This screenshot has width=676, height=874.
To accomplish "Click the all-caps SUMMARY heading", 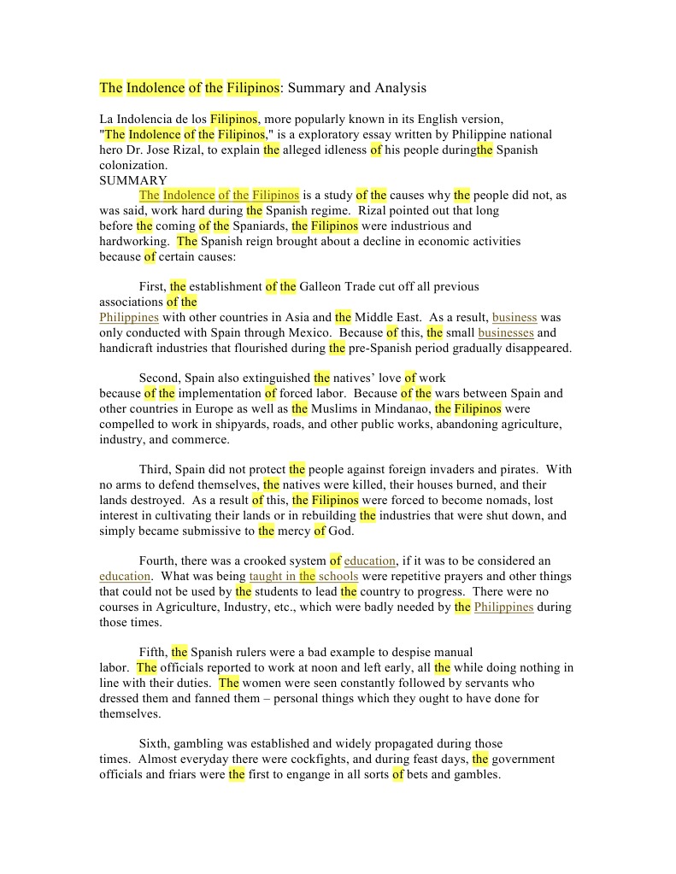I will [133, 180].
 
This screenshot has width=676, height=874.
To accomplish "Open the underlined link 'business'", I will [514, 317].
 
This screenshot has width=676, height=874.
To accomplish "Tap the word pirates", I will [515, 469].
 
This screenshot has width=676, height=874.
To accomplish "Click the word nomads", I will [504, 500].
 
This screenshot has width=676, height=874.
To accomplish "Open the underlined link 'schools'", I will [338, 576].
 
